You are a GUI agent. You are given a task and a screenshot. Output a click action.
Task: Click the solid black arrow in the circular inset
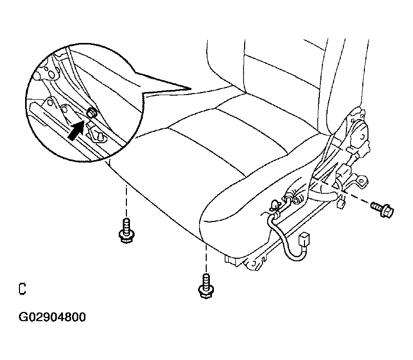pyautogui.click(x=76, y=130)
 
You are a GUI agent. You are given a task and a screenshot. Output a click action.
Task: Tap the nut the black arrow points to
pyautogui.click(x=92, y=112)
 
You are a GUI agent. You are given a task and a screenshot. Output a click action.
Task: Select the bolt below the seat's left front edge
pyautogui.click(x=126, y=230)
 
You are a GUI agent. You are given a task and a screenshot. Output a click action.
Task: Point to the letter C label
pyautogui.click(x=23, y=289)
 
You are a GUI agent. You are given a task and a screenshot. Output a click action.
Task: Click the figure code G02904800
pyautogui.click(x=52, y=317)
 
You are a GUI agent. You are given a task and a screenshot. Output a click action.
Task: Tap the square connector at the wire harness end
pyautogui.click(x=304, y=239)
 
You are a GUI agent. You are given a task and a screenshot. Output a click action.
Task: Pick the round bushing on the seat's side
pyautogui.click(x=297, y=200)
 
